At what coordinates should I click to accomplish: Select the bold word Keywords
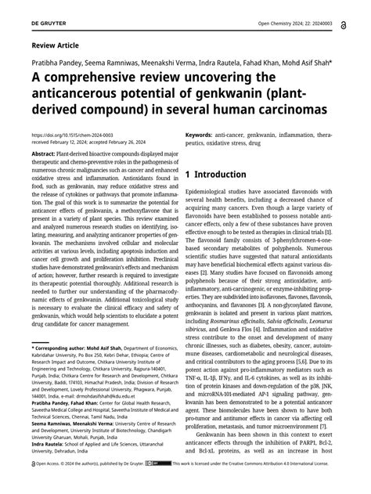pos(202,135)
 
